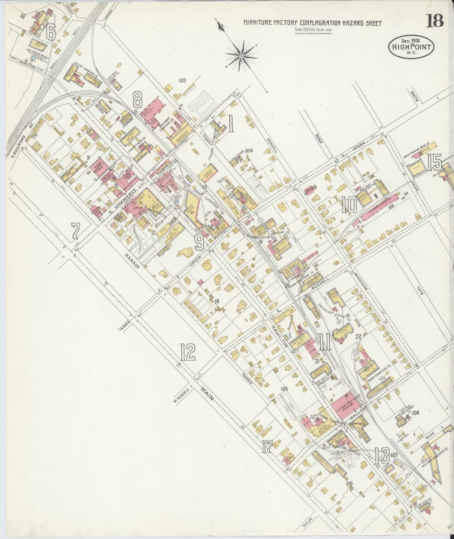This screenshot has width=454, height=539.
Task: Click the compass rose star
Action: tap(241, 56)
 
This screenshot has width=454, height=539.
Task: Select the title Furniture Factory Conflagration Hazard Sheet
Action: tap(313, 23)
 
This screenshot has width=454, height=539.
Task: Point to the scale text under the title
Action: tap(313, 30)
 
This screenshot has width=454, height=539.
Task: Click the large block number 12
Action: tap(188, 352)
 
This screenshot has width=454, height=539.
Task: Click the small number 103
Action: tap(182, 81)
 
